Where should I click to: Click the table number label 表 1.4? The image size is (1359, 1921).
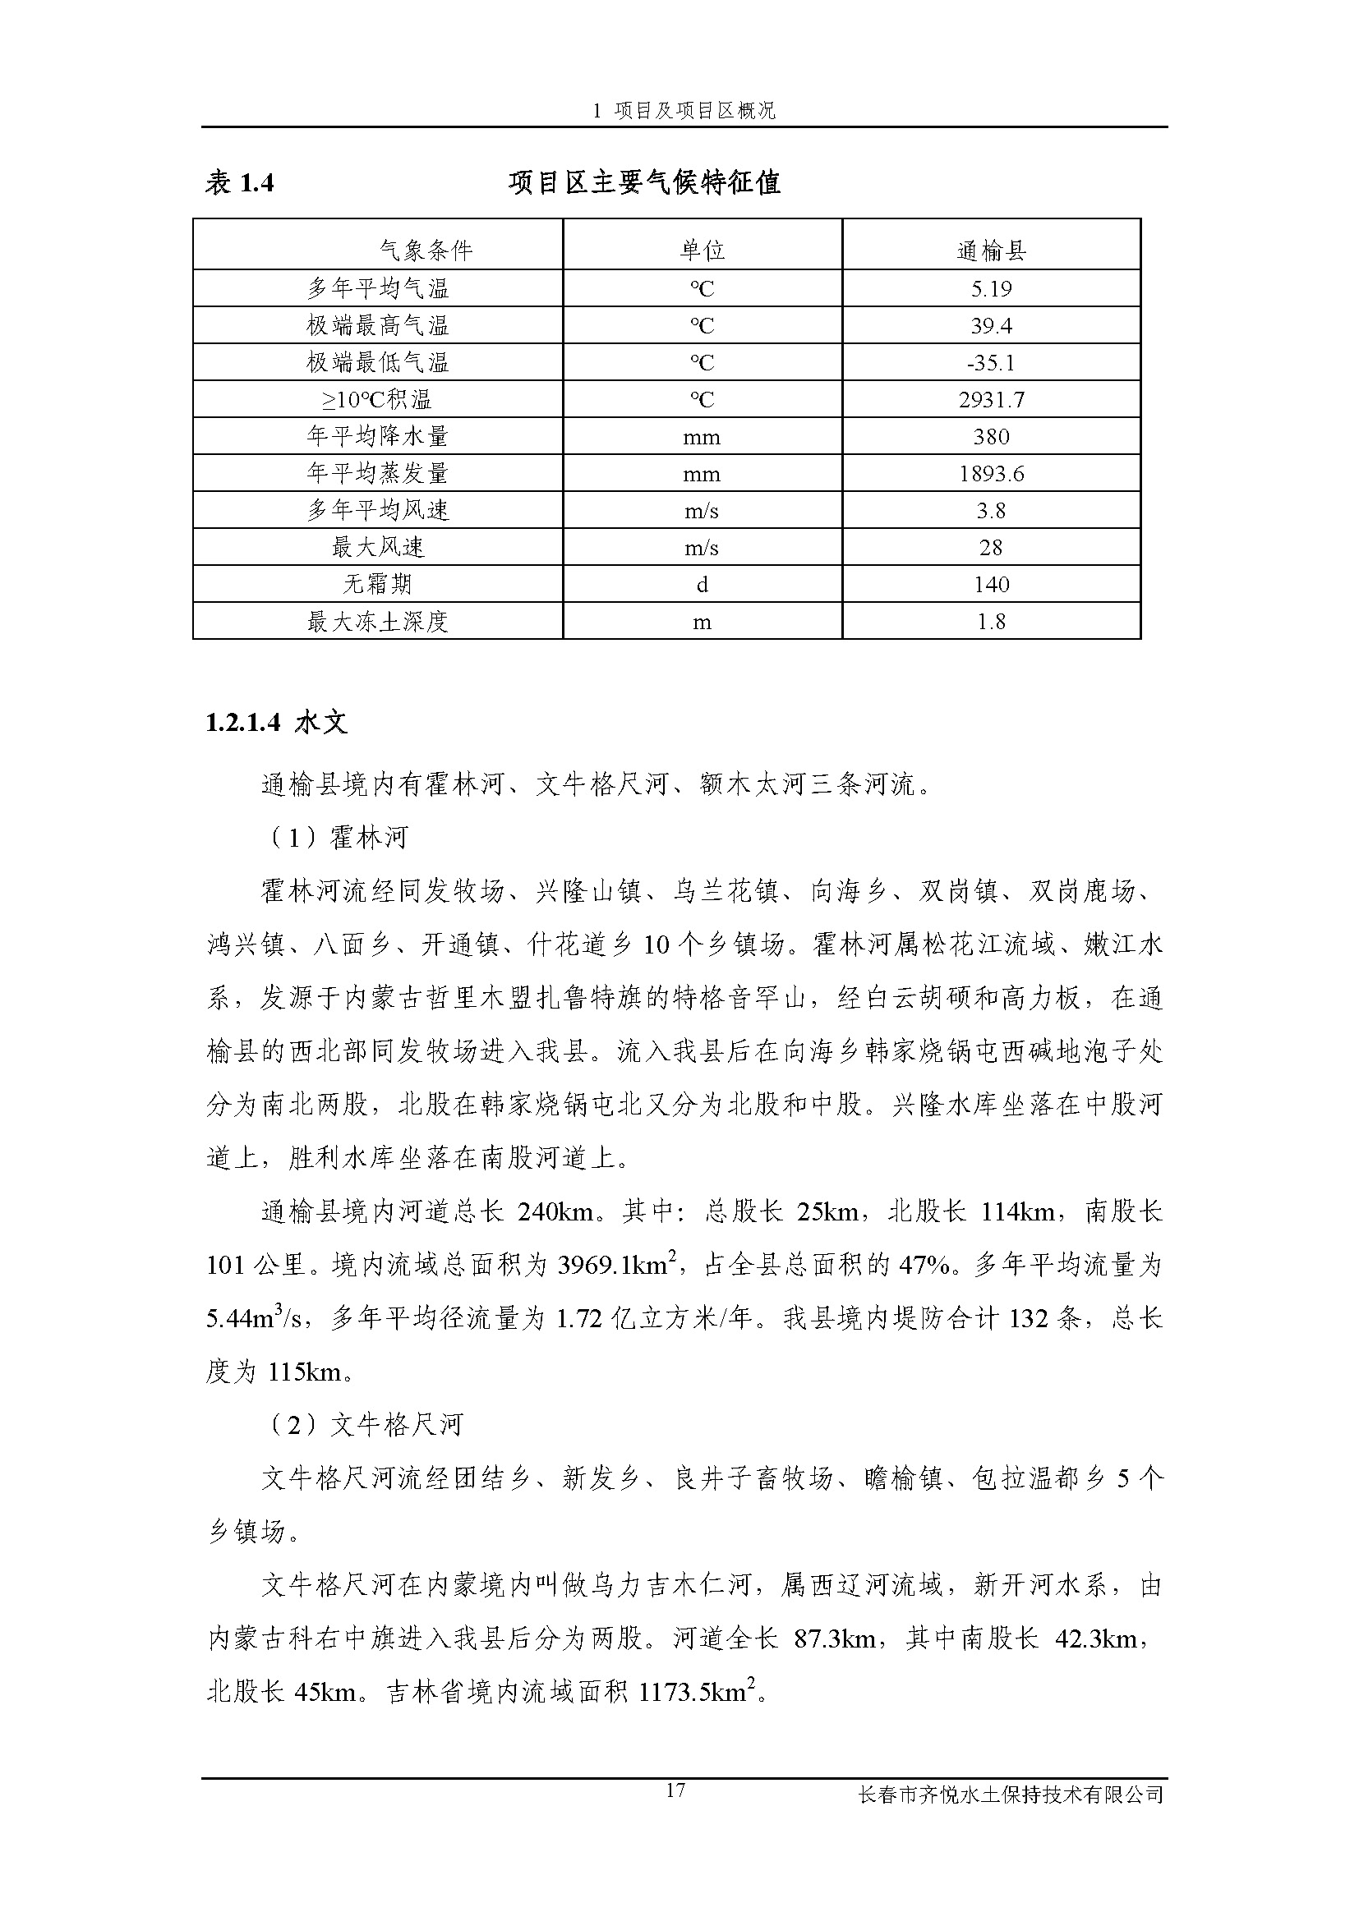[x=239, y=183]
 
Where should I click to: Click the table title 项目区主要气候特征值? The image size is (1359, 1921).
[x=644, y=183]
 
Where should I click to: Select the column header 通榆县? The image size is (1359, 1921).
[x=991, y=250]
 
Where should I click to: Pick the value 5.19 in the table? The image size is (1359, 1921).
[x=991, y=289]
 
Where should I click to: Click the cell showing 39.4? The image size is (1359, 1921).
[x=991, y=326]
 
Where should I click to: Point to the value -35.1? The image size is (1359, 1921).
[x=991, y=363]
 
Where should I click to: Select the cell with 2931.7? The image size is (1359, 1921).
[x=991, y=400]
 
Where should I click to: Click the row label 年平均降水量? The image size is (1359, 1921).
[x=377, y=437]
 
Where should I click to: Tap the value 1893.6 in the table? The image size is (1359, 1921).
[x=991, y=475]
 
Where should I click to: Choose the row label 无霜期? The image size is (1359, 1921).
[x=377, y=585]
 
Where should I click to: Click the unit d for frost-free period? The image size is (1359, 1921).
[x=701, y=585]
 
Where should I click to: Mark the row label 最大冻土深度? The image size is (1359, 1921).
[x=377, y=622]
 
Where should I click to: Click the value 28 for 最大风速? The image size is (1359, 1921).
[x=991, y=548]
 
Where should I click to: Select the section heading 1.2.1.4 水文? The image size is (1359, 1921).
[x=276, y=723]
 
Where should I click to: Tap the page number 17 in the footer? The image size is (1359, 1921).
[x=676, y=1790]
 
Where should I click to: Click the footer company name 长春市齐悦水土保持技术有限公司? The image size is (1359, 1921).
[x=1011, y=1795]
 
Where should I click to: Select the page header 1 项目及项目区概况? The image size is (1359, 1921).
[x=684, y=110]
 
